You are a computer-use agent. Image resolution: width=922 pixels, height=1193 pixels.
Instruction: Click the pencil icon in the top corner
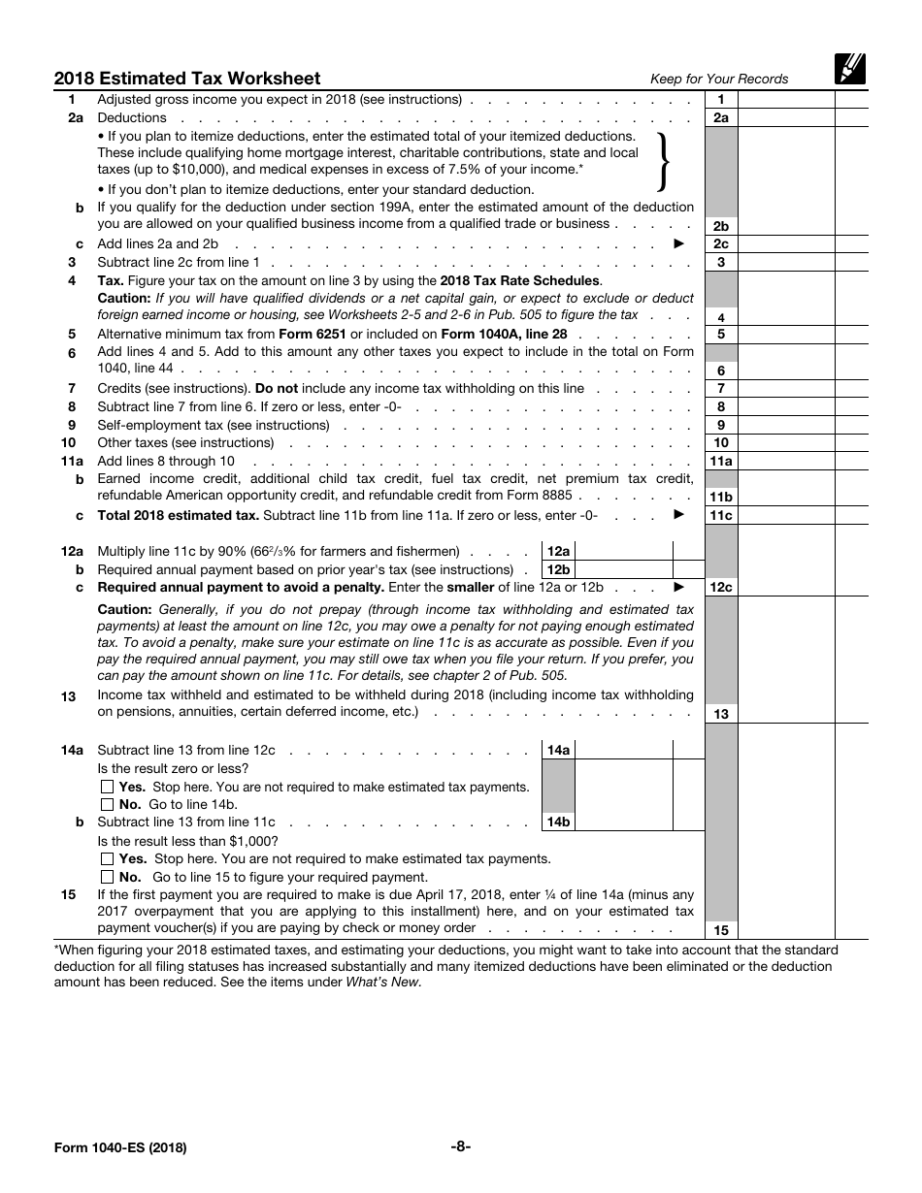click(x=849, y=69)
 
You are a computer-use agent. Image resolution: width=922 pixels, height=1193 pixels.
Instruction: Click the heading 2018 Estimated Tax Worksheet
click(x=187, y=79)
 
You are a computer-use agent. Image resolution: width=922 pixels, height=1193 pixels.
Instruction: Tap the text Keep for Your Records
click(x=719, y=79)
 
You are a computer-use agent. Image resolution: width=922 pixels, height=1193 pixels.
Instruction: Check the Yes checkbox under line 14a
click(x=108, y=787)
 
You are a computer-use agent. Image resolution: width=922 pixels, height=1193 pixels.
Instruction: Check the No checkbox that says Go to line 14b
click(x=108, y=804)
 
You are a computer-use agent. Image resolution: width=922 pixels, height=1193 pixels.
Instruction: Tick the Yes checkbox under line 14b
click(x=108, y=858)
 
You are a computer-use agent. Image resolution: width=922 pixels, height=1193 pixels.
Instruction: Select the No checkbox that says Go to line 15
click(x=108, y=877)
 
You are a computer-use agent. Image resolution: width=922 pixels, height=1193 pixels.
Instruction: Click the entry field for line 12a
click(x=623, y=551)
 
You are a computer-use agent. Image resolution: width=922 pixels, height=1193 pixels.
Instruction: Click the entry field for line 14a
click(x=623, y=750)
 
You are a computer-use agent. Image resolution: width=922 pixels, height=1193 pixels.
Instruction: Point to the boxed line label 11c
click(x=721, y=515)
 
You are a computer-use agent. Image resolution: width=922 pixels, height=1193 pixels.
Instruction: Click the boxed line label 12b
click(x=558, y=569)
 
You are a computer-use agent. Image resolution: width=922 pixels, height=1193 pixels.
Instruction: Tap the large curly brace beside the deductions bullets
click(x=664, y=160)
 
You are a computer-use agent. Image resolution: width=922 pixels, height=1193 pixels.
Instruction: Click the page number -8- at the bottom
click(x=461, y=1146)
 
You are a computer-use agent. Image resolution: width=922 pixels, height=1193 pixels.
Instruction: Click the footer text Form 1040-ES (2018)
click(x=120, y=1147)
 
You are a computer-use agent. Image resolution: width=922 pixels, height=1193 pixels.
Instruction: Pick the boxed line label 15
click(x=721, y=930)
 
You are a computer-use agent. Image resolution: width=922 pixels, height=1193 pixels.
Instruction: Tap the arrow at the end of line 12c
click(x=679, y=587)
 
